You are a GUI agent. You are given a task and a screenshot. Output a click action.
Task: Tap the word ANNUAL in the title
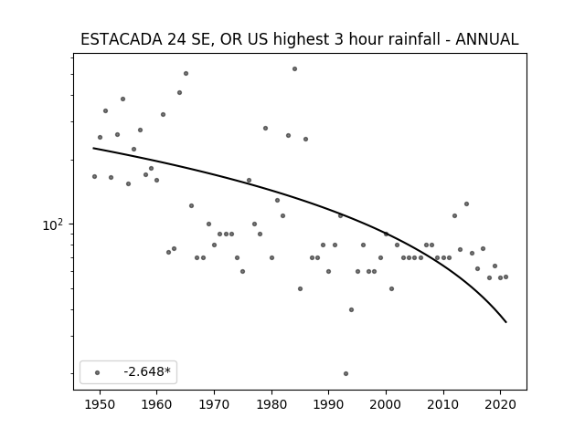coord(487,39)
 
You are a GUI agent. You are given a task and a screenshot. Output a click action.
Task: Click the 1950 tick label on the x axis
coord(100,404)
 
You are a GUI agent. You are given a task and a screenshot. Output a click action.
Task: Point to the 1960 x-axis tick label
coord(156,404)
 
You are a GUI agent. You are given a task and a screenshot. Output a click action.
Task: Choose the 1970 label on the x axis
coord(214,404)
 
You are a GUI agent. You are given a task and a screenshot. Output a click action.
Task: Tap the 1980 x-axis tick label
coord(271,404)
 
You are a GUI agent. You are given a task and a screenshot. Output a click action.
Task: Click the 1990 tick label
coord(329,404)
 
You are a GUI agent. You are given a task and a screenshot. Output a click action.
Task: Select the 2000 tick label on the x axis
coord(386,404)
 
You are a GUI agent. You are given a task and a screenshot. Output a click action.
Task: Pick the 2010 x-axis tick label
coord(443,404)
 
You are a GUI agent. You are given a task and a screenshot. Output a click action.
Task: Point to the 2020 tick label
coord(501,404)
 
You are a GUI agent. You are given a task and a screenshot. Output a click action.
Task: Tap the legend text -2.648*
coord(147,371)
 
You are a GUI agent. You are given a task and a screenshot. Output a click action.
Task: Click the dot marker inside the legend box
coord(98,372)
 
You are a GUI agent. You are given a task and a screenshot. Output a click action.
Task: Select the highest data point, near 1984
coord(294,69)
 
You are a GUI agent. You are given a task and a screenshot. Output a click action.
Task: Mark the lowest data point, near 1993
coord(346,373)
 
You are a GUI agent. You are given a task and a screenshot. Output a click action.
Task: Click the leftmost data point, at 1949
coord(94,176)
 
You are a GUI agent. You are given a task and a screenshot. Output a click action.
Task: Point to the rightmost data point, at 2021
coord(505,276)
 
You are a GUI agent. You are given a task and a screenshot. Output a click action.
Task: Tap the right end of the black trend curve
coord(506,322)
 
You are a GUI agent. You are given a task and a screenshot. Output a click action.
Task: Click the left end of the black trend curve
coord(93,148)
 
